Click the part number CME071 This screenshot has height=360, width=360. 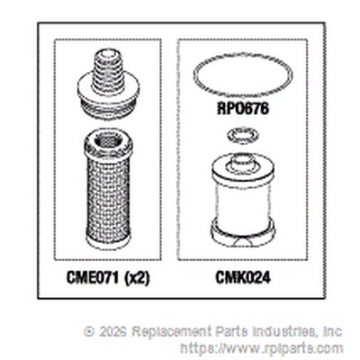tap(93, 278)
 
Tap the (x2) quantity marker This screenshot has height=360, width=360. tap(136, 278)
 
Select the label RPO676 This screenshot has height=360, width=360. tap(243, 108)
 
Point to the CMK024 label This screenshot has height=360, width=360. tap(243, 277)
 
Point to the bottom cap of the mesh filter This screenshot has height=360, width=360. tap(108, 242)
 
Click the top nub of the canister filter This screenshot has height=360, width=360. tap(242, 162)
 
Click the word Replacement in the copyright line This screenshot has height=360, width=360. tap(172, 332)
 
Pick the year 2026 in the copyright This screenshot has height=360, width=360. tap(112, 331)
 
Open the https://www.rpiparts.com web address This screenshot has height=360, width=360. tap(261, 349)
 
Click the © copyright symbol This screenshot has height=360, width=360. tap(89, 332)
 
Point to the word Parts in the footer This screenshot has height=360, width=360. tap(231, 331)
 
